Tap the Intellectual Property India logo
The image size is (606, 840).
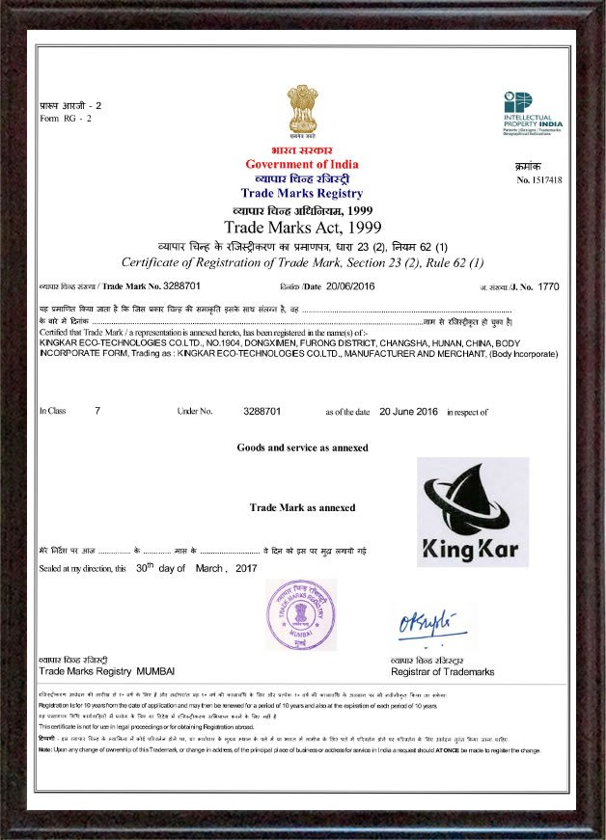[532, 114]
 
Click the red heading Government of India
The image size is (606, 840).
[302, 164]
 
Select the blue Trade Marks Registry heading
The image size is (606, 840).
[302, 193]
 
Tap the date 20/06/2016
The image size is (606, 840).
[349, 287]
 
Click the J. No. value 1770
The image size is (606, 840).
[548, 287]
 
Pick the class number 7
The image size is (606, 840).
[97, 411]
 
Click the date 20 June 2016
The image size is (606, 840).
[409, 411]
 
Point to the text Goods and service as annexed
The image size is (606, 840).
[302, 447]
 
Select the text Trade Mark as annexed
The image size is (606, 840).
[302, 507]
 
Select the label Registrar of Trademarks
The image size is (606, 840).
[442, 670]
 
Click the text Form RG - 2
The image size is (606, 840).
[66, 118]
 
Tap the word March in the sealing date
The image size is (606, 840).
[209, 569]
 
